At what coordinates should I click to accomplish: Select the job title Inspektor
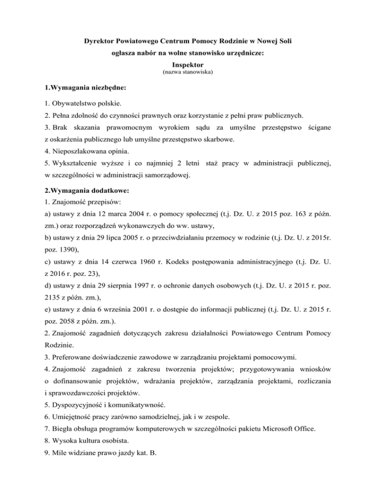click(x=188, y=65)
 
